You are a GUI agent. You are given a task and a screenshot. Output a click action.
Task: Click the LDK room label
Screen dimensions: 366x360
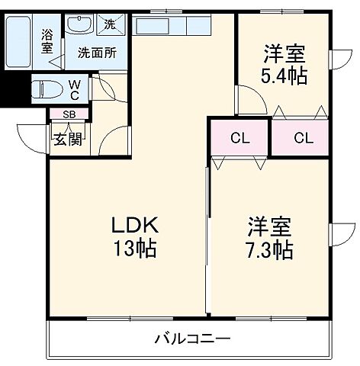point(136,226)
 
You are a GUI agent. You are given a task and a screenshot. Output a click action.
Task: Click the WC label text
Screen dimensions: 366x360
point(74,91)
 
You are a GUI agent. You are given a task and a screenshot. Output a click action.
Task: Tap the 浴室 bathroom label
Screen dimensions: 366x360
point(47,40)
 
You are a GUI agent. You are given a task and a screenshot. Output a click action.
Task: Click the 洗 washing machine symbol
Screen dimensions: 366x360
point(109,24)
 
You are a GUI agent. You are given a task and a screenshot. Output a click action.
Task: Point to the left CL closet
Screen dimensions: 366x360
point(239,138)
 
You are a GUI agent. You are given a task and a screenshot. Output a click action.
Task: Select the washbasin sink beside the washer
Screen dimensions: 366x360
point(79,26)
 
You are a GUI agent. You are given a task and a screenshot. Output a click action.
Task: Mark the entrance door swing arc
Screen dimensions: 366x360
point(31,137)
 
